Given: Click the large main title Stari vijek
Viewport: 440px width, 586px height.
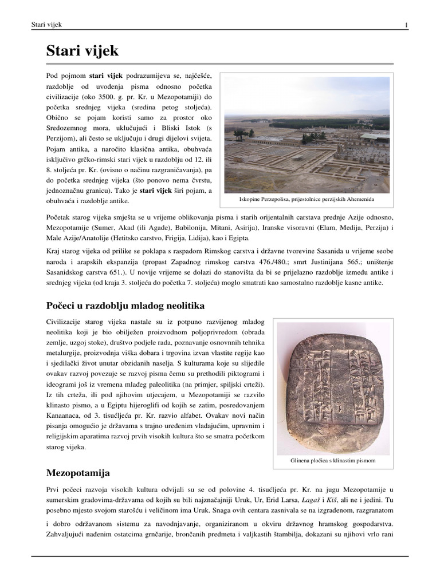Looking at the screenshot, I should click(x=82, y=51).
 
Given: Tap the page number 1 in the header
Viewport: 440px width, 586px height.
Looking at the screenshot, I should click(x=406, y=25).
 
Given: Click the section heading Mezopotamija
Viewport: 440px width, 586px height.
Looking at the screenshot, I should click(x=78, y=473).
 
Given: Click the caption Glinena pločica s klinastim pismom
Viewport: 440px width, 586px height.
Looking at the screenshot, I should click(x=333, y=460).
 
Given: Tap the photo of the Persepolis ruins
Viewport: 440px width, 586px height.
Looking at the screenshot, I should click(x=307, y=135).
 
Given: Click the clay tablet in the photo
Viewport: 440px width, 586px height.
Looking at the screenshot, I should click(x=332, y=389).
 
